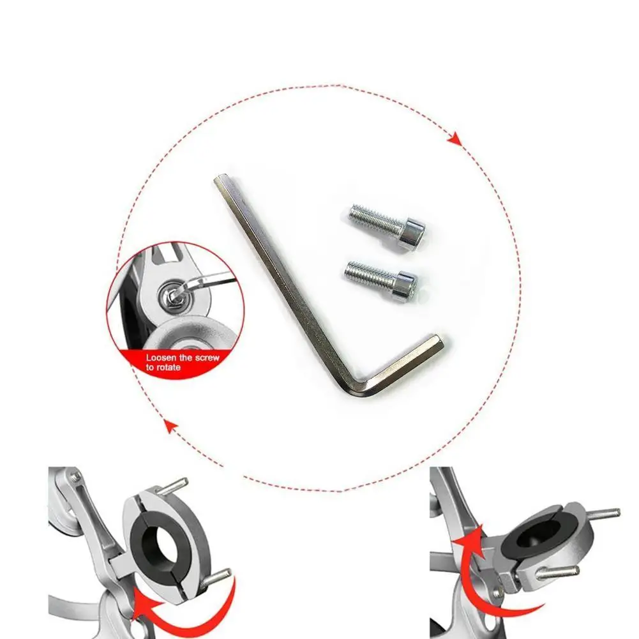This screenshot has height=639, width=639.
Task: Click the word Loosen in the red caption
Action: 161,358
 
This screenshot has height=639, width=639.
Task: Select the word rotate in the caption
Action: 169,368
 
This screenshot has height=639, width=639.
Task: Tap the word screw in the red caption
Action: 207,358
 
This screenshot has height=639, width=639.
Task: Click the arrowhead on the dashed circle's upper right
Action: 455,139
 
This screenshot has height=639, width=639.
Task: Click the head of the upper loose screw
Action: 414,235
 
